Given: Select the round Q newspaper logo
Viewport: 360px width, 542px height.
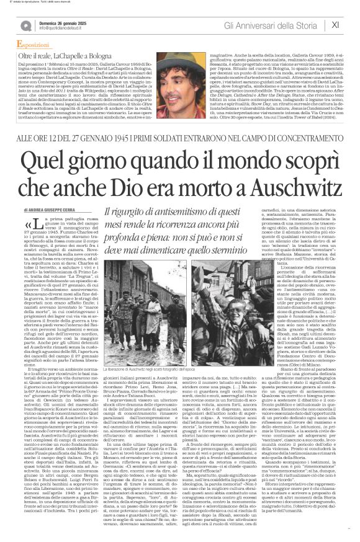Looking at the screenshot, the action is click(x=26, y=25).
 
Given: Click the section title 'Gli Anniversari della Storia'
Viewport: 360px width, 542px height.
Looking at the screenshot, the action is click(x=281, y=25).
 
